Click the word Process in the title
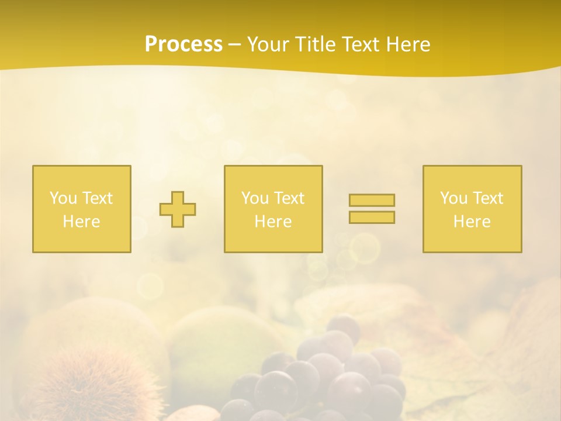(183, 44)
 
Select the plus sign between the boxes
(178, 209)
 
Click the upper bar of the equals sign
(372, 200)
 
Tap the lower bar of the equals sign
(372, 218)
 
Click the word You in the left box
(63, 198)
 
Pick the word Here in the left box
(81, 222)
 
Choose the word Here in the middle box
(273, 222)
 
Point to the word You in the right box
(453, 198)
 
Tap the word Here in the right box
(472, 222)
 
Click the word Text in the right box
(488, 198)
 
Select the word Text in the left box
(98, 198)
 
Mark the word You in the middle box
(254, 198)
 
